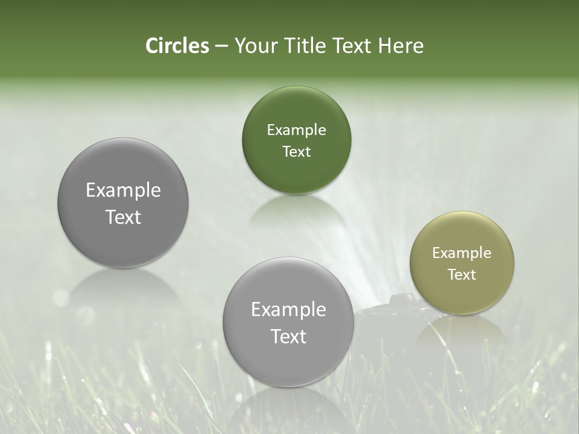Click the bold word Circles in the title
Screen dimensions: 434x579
(x=177, y=46)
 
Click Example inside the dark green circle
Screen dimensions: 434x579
(x=296, y=130)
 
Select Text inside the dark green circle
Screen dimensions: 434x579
(x=296, y=152)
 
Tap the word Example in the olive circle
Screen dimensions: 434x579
(x=461, y=253)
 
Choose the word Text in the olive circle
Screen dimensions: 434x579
(x=461, y=275)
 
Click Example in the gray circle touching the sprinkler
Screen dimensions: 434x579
(x=288, y=310)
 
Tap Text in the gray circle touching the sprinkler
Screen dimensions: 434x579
(x=288, y=336)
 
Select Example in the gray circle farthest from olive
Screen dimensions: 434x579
(x=123, y=190)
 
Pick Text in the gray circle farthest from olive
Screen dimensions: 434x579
(x=123, y=217)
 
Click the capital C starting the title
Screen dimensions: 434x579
(x=152, y=46)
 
